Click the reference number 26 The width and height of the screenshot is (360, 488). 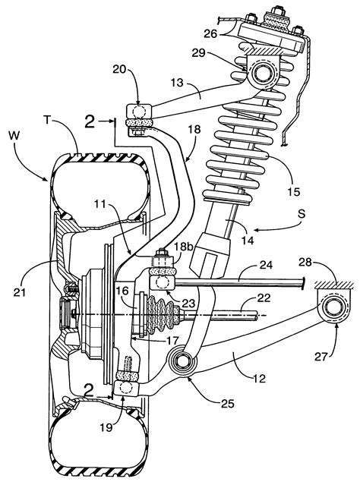(x=212, y=33)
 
